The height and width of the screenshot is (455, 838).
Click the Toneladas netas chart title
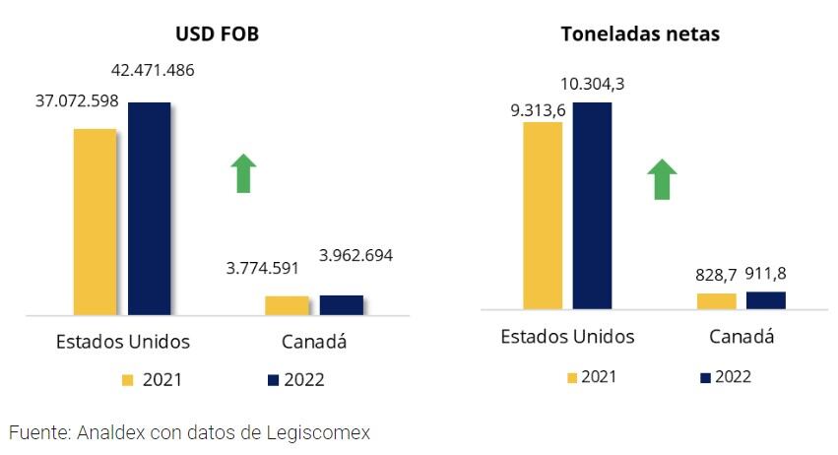coord(640,34)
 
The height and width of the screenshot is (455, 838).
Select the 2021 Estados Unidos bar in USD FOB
coord(95,222)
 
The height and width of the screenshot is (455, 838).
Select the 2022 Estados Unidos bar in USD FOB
coord(149,208)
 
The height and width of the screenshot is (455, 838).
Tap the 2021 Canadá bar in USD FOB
coord(287,305)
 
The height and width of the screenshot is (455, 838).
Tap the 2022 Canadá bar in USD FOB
coord(341,304)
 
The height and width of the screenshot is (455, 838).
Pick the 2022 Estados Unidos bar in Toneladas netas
coord(592,205)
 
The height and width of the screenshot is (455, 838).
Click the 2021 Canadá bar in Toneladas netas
coord(716,300)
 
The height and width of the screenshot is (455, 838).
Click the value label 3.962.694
coord(355,255)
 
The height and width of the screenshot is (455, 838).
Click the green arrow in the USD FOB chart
coord(243,173)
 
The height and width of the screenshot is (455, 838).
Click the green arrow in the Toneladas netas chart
coord(662,180)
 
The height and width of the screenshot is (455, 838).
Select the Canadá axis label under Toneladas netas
coord(741,337)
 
